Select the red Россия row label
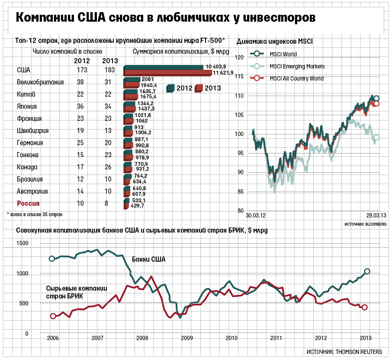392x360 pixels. tap(28, 204)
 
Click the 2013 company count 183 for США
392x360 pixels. tap(109, 70)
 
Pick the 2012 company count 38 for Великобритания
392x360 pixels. tap(80, 82)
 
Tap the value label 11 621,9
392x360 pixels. tap(221, 72)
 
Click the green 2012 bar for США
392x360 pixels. tap(164, 67)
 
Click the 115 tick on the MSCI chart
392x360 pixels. tap(238, 77)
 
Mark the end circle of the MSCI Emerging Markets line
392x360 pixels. tap(376, 138)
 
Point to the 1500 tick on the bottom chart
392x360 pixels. tap(22, 243)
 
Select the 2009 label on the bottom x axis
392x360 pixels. tap(186, 338)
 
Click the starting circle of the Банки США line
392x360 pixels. tap(52, 259)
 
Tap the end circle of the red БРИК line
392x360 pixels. tap(365, 307)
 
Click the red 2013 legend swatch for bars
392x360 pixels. tap(199, 88)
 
